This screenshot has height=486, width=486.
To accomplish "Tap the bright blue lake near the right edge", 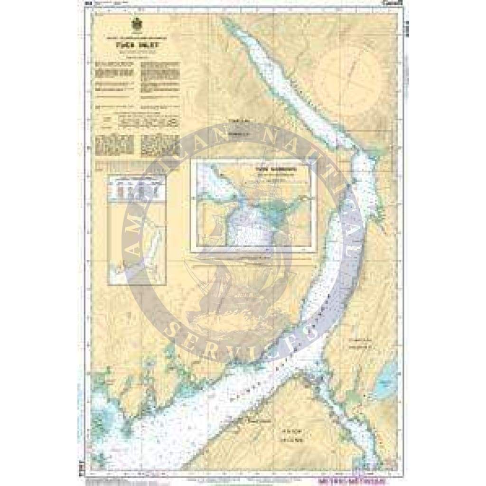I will click(385, 383).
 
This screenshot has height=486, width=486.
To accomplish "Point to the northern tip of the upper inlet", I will click(226, 21).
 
